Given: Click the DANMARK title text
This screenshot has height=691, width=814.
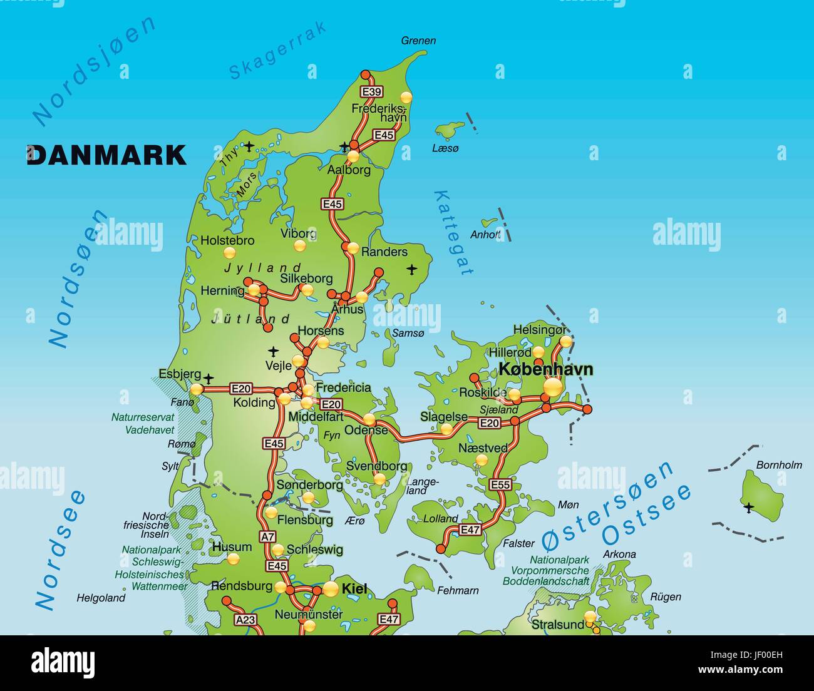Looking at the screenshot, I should click(106, 155).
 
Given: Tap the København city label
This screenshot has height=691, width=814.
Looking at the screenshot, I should click(545, 369).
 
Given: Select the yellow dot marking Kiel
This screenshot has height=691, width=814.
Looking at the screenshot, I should click(331, 588).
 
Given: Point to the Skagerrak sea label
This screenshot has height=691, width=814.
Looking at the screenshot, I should click(277, 50).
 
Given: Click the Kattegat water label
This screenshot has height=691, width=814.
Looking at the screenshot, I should click(453, 232).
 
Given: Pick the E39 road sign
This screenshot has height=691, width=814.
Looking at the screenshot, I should click(372, 93).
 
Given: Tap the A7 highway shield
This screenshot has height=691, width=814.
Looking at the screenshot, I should click(268, 536).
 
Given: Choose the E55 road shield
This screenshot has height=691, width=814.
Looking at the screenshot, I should click(500, 484).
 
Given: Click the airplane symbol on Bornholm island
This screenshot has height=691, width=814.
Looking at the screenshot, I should click(748, 507).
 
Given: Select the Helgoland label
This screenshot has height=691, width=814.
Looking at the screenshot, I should click(101, 598).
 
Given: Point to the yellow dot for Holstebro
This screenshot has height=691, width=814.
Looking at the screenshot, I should click(230, 253).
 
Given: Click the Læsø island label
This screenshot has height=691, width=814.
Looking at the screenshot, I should click(446, 148).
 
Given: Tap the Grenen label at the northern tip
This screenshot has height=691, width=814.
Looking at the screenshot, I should click(418, 41).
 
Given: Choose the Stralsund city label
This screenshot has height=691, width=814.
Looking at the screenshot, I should click(557, 624).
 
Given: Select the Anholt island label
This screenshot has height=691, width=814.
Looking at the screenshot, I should click(486, 235).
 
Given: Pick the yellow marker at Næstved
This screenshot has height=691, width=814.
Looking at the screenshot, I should click(482, 460).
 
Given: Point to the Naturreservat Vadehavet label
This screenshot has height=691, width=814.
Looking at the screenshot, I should click(143, 424).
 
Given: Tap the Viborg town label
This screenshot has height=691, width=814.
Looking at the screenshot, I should click(298, 233).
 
